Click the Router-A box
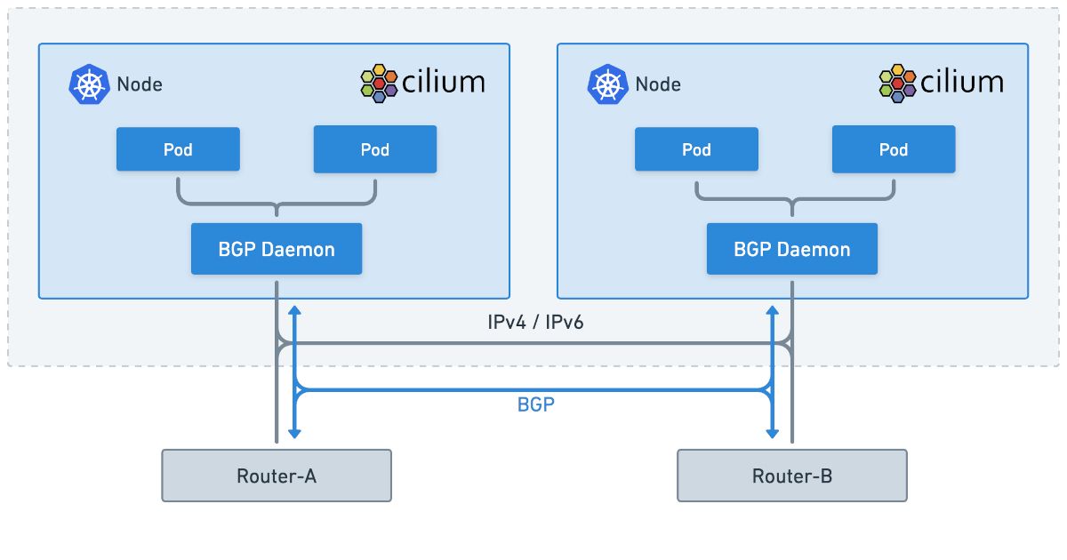(277, 476)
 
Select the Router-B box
(792, 476)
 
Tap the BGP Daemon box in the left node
(277, 249)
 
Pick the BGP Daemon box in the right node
(792, 249)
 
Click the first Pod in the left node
(178, 149)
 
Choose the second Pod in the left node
(375, 149)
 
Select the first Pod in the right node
(696, 149)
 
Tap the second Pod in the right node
(894, 149)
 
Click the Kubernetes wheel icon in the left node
(87, 84)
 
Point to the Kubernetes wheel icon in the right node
(606, 84)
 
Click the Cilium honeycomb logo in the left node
(379, 83)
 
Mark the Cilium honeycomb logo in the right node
(897, 83)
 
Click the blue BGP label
(535, 405)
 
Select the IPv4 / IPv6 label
(535, 323)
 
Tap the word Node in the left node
(140, 84)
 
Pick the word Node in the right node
(658, 84)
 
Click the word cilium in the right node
(963, 83)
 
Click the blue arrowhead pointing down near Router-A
(294, 432)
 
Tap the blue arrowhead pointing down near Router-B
(774, 432)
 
